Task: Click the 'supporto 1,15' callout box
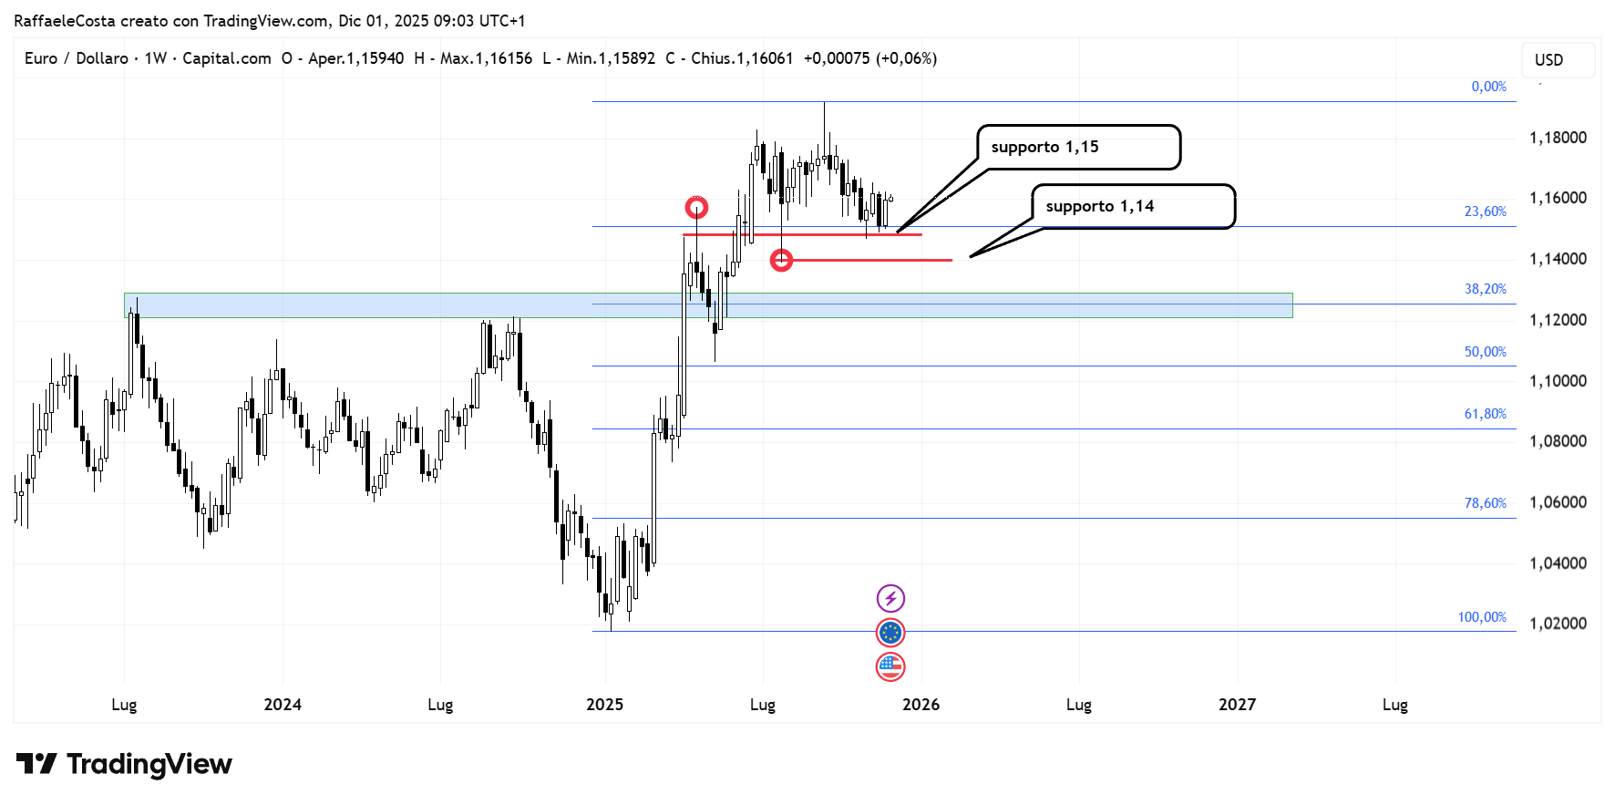tap(1078, 148)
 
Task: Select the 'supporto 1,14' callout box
tap(1133, 207)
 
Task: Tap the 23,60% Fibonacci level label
tap(1485, 212)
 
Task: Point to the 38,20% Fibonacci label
tap(1485, 289)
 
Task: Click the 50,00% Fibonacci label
tap(1485, 352)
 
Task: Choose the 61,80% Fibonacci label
tap(1485, 414)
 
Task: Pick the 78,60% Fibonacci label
tap(1485, 503)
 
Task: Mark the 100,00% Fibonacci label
tap(1482, 617)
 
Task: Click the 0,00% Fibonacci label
tap(1488, 87)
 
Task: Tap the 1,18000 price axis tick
tap(1558, 138)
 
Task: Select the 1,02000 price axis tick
tap(1558, 624)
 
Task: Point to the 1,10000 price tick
tap(1558, 381)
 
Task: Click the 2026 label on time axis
tap(921, 705)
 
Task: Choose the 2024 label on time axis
tap(283, 705)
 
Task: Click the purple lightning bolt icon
tap(890, 599)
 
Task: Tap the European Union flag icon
tap(890, 633)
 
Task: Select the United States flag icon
tap(890, 666)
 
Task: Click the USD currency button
tap(1558, 60)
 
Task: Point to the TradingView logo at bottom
tap(125, 764)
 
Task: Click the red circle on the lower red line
tap(781, 261)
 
